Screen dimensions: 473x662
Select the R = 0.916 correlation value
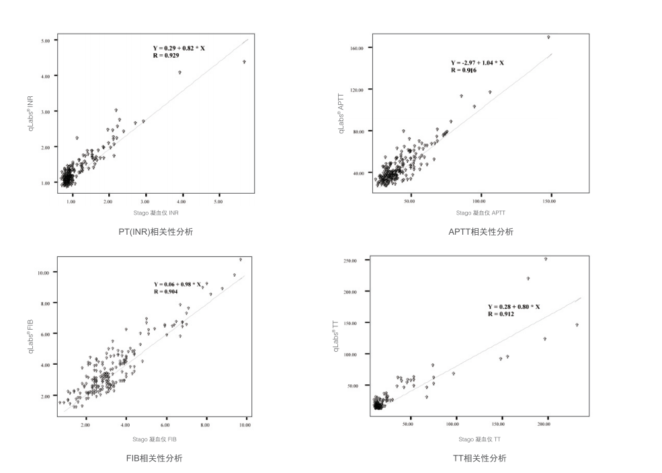(x=464, y=70)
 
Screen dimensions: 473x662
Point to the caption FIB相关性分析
(x=155, y=458)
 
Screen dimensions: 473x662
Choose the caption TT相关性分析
(x=479, y=458)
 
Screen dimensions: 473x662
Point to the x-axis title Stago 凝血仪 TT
(x=479, y=439)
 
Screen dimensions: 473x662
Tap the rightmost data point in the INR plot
(x=244, y=61)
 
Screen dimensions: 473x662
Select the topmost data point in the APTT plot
(x=548, y=37)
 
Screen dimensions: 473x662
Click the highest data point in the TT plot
(x=546, y=258)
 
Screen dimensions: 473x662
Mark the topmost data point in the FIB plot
(x=240, y=259)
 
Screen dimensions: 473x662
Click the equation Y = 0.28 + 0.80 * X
(x=514, y=307)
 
